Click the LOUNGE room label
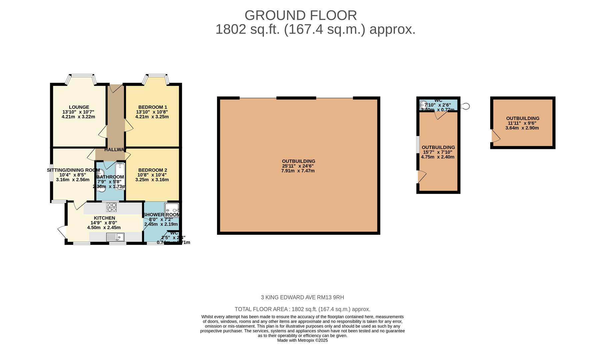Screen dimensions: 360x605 [79, 107]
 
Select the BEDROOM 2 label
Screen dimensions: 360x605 [152, 170]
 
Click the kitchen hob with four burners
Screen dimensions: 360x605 [111, 207]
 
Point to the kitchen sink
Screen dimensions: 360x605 [115, 237]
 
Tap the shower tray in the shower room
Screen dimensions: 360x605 [172, 210]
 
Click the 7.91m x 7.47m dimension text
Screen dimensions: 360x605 [298, 171]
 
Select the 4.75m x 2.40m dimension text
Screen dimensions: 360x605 [438, 157]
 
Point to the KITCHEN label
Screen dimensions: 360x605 [104, 218]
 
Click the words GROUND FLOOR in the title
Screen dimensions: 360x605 [300, 15]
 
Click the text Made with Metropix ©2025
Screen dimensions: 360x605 [302, 340]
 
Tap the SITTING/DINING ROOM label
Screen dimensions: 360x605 [73, 170]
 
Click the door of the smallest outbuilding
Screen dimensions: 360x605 [495, 136]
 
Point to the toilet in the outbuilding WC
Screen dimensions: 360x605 [423, 104]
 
